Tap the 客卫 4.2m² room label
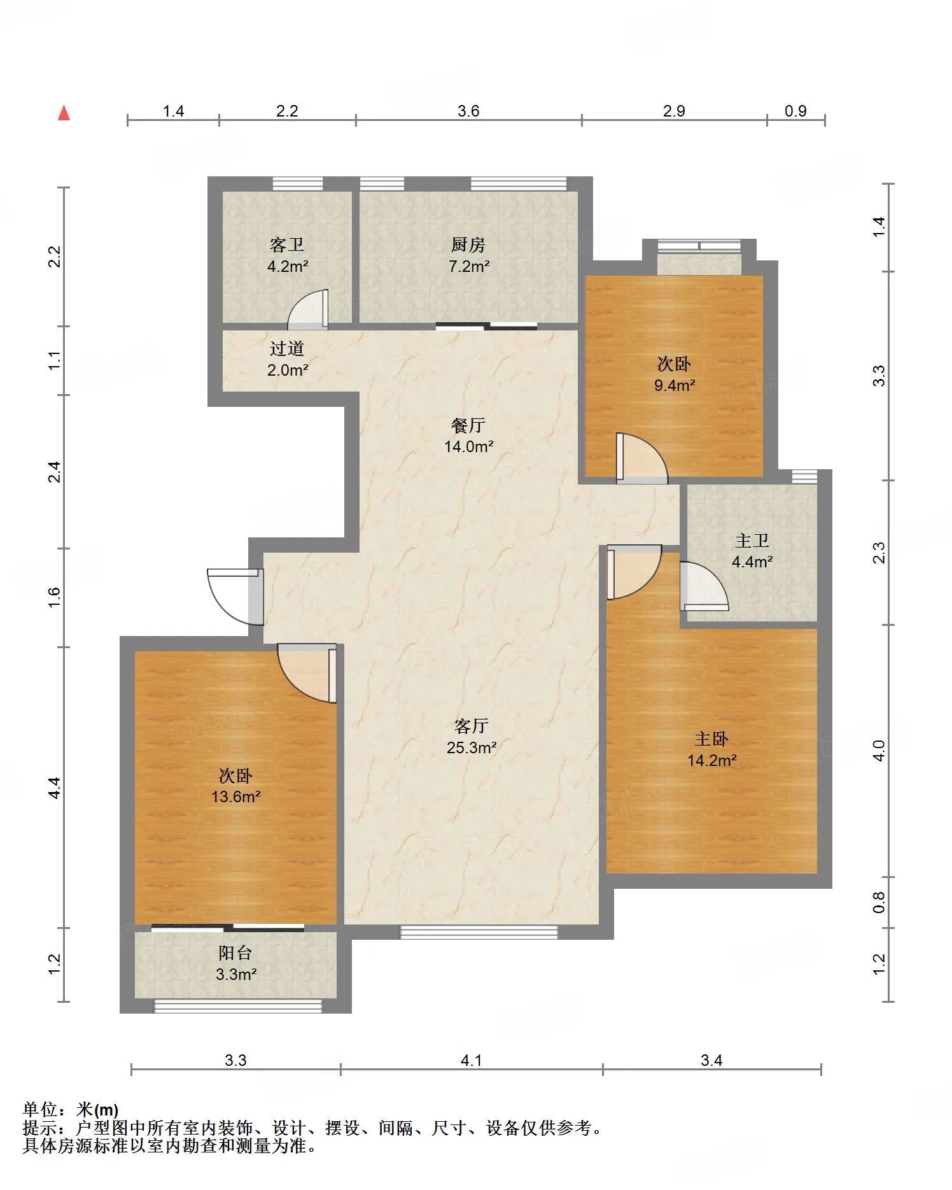(288, 255)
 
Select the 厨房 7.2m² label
(469, 255)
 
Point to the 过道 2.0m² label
(288, 359)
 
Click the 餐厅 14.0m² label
(469, 436)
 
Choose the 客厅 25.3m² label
(472, 737)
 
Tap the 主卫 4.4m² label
(752, 551)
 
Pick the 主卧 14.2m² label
(712, 749)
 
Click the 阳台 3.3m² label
(236, 963)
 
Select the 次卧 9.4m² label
(675, 374)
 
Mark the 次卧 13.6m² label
(236, 786)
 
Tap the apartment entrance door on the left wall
(235, 596)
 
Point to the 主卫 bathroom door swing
(704, 586)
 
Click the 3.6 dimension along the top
(468, 111)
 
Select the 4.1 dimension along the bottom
(472, 1061)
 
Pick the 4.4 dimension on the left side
(55, 788)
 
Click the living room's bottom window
(479, 932)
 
